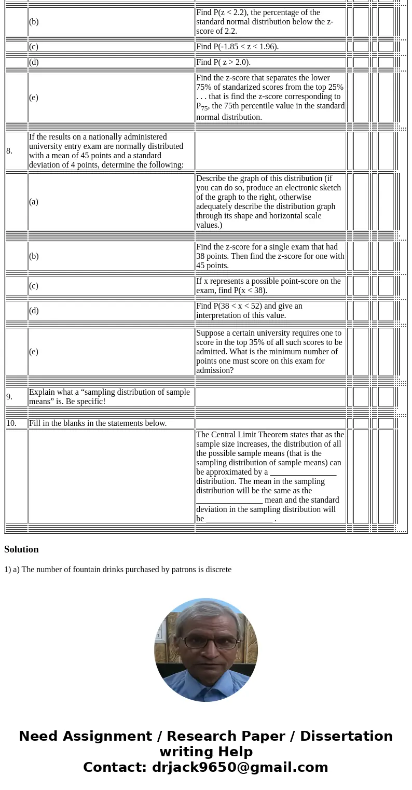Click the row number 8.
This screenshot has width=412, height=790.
click(9, 151)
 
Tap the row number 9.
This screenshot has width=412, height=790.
click(9, 397)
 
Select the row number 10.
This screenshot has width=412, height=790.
click(11, 423)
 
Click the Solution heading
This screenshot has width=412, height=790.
click(21, 549)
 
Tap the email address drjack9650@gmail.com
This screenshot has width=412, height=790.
click(240, 767)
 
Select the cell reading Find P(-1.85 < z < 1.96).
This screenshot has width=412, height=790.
click(237, 47)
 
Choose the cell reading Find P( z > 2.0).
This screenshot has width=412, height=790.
click(223, 62)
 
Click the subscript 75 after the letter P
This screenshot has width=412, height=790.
click(204, 108)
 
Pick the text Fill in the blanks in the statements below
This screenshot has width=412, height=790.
click(98, 423)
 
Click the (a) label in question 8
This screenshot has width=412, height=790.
click(34, 202)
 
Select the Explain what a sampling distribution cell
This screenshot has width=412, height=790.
click(109, 397)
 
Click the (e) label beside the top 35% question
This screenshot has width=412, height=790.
click(34, 352)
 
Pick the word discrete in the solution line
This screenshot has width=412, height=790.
click(218, 570)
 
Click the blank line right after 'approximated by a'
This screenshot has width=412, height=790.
click(303, 473)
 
